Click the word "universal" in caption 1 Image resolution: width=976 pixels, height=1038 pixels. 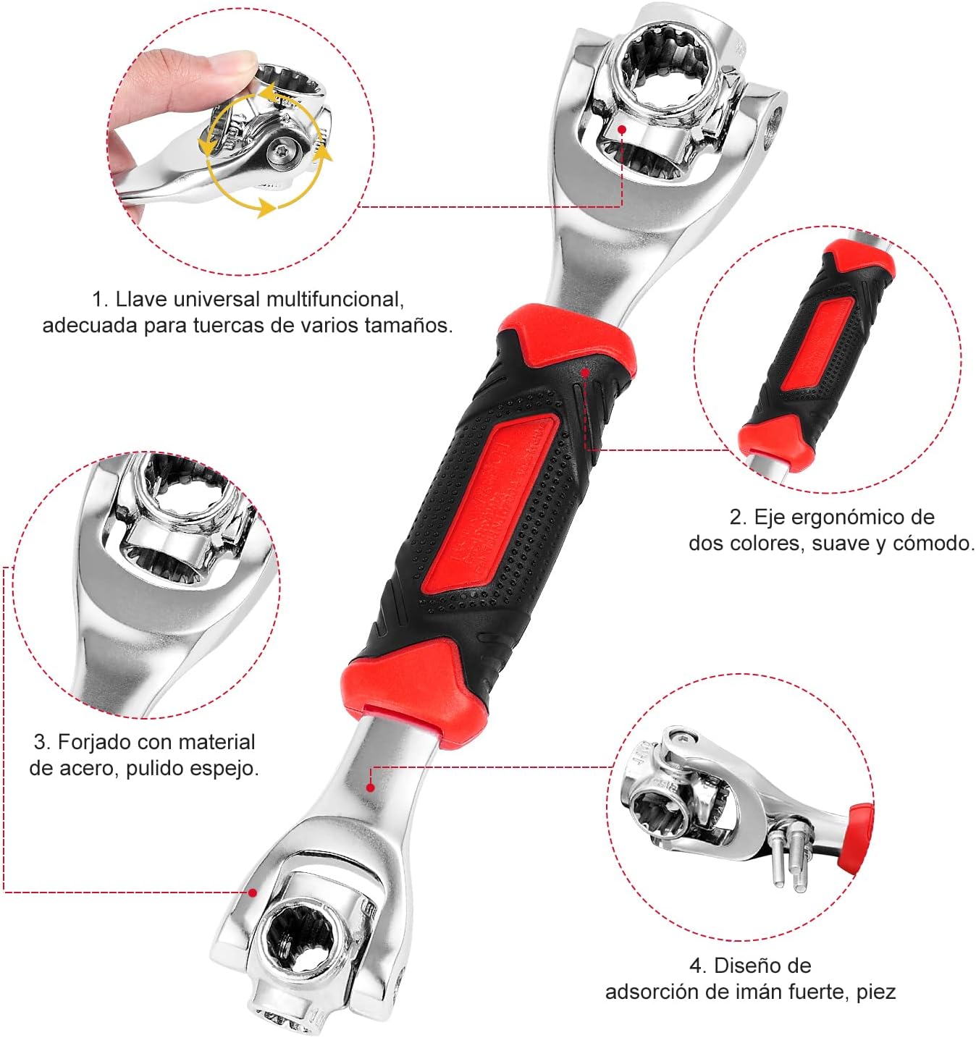[216, 299]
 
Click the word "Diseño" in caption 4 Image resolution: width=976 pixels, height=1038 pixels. [762, 966]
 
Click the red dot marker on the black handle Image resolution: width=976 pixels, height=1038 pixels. [585, 372]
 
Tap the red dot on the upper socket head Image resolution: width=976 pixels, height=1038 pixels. [621, 128]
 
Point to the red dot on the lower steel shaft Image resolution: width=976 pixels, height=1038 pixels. [370, 787]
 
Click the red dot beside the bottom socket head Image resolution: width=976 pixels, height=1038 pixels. [253, 893]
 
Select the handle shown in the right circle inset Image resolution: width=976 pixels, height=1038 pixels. [817, 355]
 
